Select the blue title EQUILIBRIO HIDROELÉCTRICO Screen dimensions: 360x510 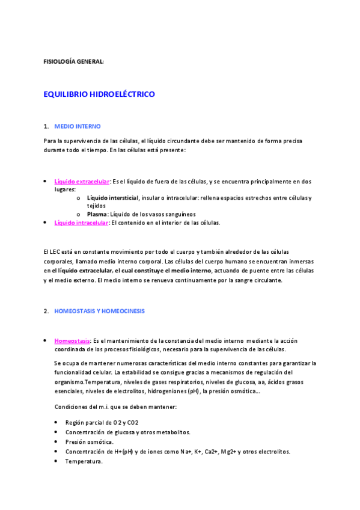[x=99, y=94]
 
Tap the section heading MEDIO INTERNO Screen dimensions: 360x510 [x=78, y=126]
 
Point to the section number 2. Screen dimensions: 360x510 [x=46, y=311]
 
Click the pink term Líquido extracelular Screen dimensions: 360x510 [x=82, y=181]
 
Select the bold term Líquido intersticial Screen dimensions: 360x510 [x=112, y=197]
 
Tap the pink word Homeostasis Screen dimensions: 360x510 [x=72, y=340]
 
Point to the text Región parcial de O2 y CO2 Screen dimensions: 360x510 [x=102, y=422]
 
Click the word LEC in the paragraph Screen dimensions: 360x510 [x=58, y=251]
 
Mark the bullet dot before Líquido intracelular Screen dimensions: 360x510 [x=46, y=223]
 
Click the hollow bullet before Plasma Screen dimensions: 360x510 [x=79, y=214]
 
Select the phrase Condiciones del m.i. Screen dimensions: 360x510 [x=85, y=407]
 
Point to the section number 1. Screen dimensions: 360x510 [x=46, y=126]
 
